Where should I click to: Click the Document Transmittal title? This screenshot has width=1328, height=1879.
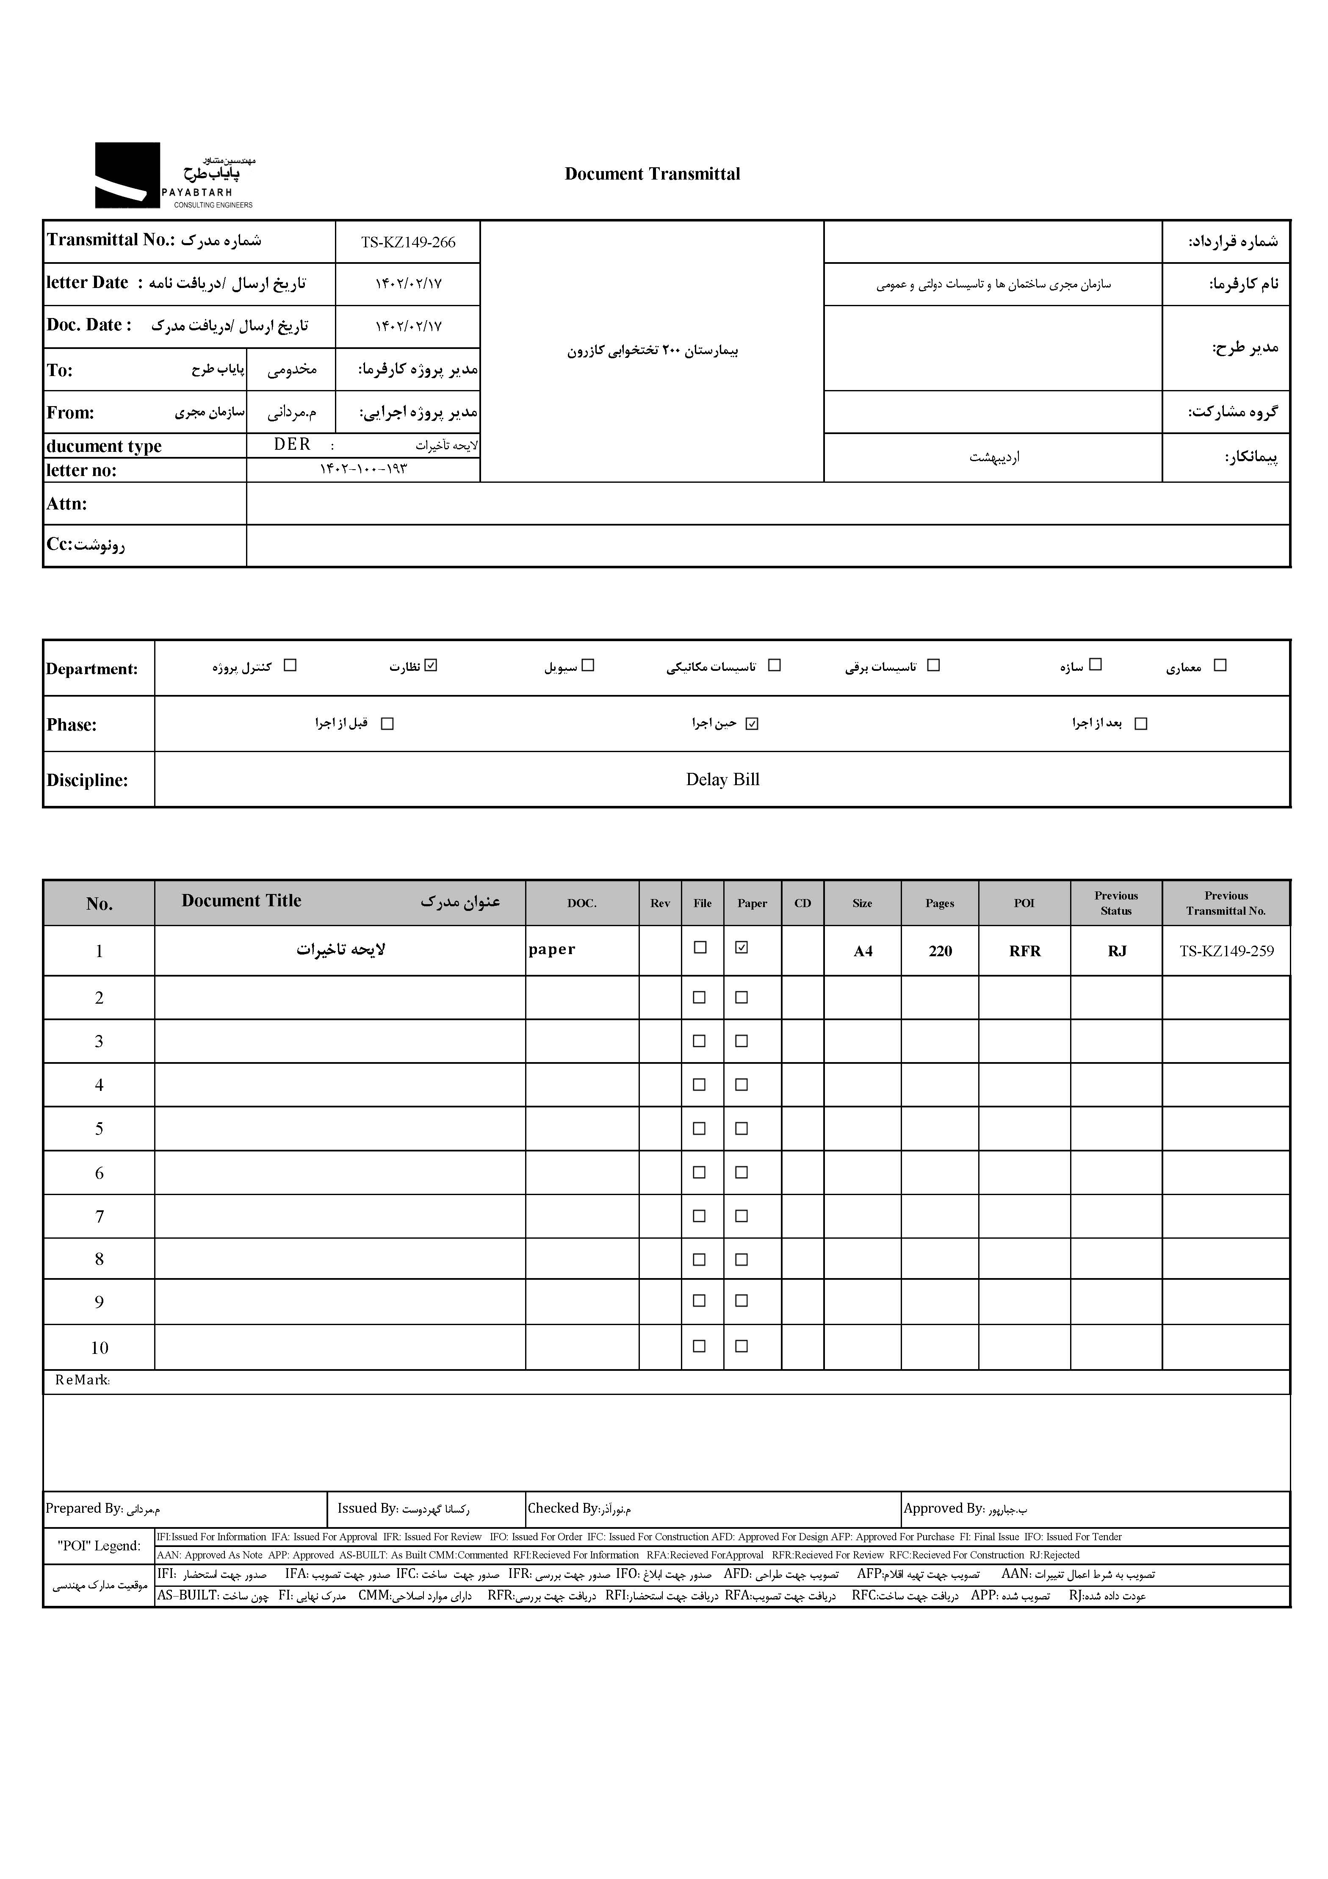[652, 174]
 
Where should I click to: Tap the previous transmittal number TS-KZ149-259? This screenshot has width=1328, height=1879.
[1226, 951]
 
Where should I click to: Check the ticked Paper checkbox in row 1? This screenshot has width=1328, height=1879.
[741, 948]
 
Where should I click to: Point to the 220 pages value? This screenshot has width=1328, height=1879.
[940, 951]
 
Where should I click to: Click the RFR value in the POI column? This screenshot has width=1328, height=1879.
[1024, 951]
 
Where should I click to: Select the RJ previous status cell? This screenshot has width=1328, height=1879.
[1117, 951]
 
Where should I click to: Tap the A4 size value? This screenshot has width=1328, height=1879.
[863, 951]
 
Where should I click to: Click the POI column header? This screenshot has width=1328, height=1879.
[1024, 903]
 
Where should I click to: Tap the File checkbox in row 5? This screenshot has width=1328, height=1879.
[700, 1129]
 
